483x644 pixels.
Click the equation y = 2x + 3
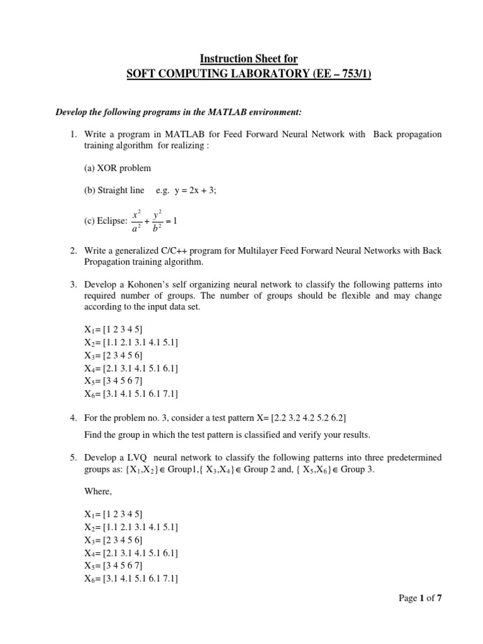[188, 190]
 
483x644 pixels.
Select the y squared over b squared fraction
[158, 220]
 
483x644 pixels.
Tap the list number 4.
[73, 418]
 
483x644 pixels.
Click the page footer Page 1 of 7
[421, 597]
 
